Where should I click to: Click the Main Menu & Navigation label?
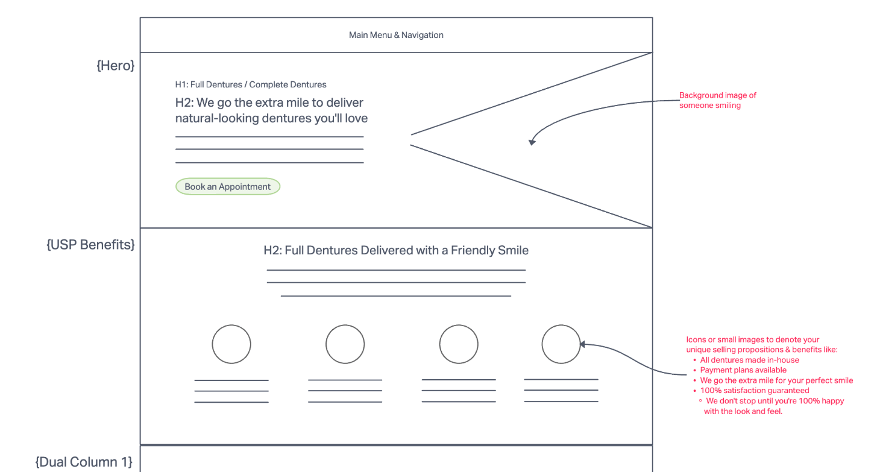(396, 35)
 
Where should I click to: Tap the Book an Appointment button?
(228, 187)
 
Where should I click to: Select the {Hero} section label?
(115, 66)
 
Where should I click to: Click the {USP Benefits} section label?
(90, 245)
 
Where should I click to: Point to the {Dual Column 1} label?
(84, 462)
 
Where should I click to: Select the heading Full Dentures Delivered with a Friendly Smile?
(396, 250)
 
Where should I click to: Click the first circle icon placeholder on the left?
(231, 344)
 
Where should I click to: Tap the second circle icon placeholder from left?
(345, 344)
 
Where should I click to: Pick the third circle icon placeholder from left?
(459, 344)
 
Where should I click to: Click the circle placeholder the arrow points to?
(561, 344)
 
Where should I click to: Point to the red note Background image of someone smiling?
(717, 100)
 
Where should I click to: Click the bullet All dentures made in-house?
(749, 360)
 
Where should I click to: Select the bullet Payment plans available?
(743, 370)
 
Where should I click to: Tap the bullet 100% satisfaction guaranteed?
(754, 391)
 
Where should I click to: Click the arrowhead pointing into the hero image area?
(532, 142)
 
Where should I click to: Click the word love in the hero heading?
(356, 118)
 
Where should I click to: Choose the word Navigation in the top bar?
(423, 35)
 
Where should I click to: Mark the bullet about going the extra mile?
(776, 380)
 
